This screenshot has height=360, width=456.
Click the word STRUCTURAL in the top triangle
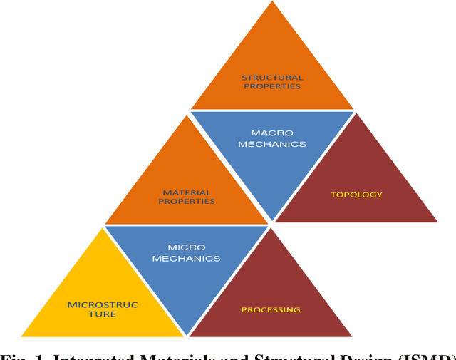(x=272, y=77)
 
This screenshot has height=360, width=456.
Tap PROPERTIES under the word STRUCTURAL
(x=272, y=86)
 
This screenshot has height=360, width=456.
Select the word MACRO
(x=272, y=133)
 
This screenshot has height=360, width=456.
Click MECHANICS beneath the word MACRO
(x=272, y=143)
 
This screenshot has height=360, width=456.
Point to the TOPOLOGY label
(x=356, y=194)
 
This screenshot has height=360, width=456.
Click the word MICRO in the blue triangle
(x=187, y=247)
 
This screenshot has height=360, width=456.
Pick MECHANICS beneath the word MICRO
(x=187, y=258)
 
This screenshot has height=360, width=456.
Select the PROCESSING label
(x=271, y=309)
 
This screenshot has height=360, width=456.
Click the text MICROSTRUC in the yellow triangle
(x=102, y=304)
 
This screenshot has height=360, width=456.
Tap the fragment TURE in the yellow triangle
(x=102, y=314)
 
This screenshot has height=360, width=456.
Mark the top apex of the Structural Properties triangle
(x=273, y=2)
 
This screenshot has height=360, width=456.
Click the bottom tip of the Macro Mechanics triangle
(x=272, y=220)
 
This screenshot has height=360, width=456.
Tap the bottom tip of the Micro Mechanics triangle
(x=187, y=335)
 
